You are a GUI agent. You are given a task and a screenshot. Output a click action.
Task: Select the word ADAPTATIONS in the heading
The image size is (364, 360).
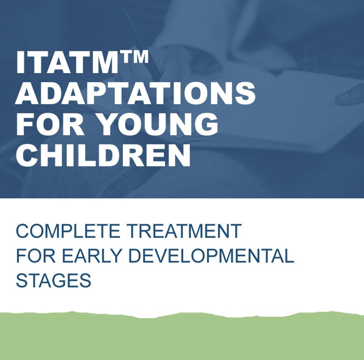[135, 93]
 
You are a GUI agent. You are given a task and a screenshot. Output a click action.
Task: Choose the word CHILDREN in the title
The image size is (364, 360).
[103, 155]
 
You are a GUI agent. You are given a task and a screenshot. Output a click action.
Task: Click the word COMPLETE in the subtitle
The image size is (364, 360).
[68, 231]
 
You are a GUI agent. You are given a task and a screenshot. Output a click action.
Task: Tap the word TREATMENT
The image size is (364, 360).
[185, 231]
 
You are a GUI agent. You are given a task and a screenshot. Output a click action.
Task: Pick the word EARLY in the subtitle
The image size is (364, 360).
[92, 256]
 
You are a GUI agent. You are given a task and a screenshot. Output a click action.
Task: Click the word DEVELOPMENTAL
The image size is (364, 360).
[211, 256]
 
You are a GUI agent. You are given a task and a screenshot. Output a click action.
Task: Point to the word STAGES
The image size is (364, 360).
[53, 280]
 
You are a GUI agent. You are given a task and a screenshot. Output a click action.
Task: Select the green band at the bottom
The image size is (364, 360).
[182, 337]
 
